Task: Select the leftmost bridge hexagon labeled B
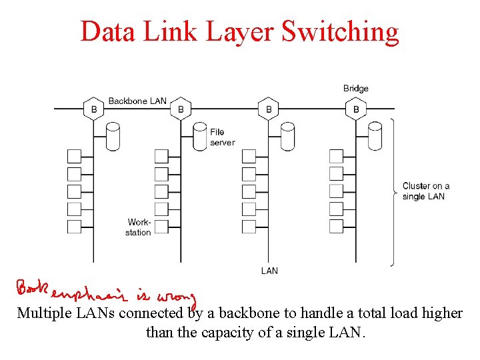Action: click(x=94, y=109)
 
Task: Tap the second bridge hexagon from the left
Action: click(x=181, y=109)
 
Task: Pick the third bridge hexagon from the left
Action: click(x=269, y=109)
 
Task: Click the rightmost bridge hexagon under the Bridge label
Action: click(x=356, y=109)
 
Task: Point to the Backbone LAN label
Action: click(x=137, y=101)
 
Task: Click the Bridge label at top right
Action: click(x=355, y=88)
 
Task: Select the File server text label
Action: click(x=222, y=137)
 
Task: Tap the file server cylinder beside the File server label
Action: click(x=200, y=136)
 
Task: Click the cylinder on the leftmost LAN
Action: click(x=113, y=136)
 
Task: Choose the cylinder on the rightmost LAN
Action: click(x=375, y=136)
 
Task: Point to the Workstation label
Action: click(x=139, y=227)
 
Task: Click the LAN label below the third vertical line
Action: click(x=269, y=271)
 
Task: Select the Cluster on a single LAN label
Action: click(x=425, y=191)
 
